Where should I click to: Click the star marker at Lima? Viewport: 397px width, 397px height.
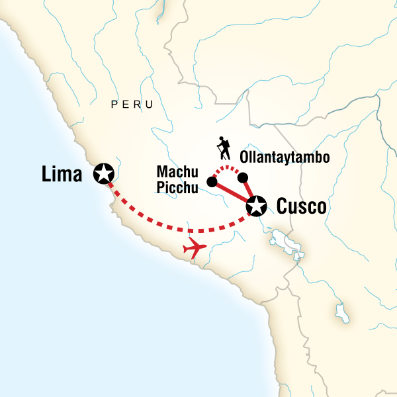coord(104,173)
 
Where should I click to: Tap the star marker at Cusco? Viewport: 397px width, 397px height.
coord(256,206)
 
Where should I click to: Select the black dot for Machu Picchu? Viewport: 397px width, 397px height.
coord(212,181)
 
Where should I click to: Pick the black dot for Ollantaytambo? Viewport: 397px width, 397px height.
coord(243,177)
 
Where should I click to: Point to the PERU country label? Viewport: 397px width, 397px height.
coord(132,105)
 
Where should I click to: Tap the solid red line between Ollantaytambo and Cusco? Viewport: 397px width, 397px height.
coord(249,191)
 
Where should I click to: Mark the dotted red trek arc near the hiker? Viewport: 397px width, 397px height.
coord(228,169)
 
